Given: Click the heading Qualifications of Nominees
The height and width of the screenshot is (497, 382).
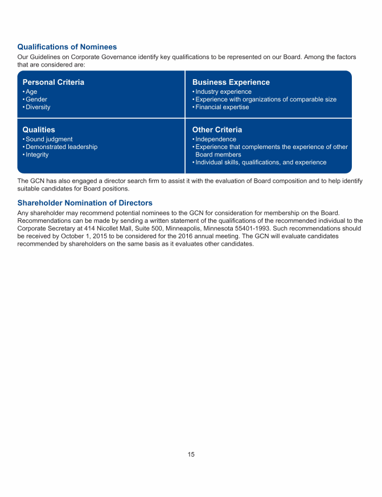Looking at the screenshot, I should [x=67, y=47].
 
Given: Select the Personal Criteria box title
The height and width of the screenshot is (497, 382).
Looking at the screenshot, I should [x=53, y=82].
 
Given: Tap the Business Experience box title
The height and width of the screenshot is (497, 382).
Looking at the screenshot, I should [x=231, y=82].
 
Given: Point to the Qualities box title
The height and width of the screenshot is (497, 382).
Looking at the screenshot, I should [x=39, y=130].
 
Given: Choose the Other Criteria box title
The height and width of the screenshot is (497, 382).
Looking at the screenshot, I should [x=217, y=130].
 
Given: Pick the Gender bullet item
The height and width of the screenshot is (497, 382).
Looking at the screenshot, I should [x=36, y=100].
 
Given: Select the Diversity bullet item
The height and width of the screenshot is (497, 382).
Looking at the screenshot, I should [x=38, y=107].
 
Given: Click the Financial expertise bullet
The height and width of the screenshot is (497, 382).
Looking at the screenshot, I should [x=222, y=107].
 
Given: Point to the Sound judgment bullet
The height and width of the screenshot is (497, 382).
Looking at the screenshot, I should [x=49, y=139].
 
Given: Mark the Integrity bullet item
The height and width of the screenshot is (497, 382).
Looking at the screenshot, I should [x=37, y=155].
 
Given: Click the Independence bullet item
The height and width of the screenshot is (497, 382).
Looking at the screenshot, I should [x=215, y=139].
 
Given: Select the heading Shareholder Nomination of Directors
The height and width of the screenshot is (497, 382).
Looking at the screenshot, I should [x=85, y=203].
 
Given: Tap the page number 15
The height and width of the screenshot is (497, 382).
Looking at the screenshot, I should [x=191, y=454].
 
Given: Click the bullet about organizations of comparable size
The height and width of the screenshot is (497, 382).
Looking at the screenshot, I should [x=265, y=100].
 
